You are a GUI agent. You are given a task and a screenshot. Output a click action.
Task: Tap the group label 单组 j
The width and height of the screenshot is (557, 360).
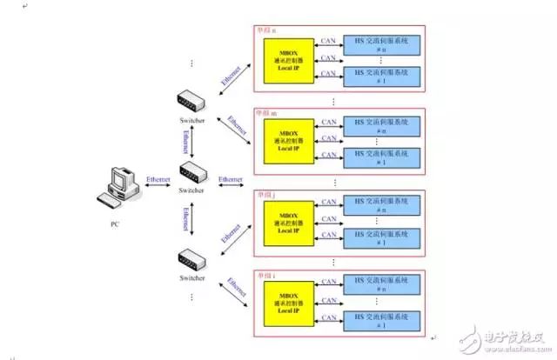point(265,193)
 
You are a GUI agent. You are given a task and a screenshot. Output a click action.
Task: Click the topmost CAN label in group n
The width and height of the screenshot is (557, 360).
point(328,38)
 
